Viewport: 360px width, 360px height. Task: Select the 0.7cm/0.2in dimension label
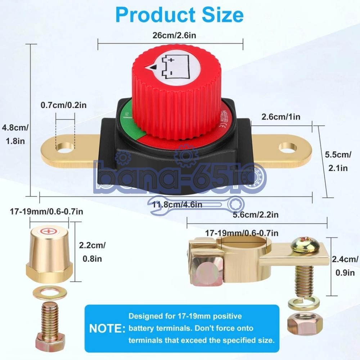64,105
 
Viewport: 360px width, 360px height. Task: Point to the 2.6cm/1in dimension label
281,117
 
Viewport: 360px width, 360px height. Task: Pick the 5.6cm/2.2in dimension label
256,215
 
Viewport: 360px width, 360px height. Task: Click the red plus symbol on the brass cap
47,231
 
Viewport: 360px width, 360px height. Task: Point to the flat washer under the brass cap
47,293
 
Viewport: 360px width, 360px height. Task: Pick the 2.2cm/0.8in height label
92,252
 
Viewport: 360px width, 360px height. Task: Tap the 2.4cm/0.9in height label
345,266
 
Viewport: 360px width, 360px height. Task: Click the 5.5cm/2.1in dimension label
338,161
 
